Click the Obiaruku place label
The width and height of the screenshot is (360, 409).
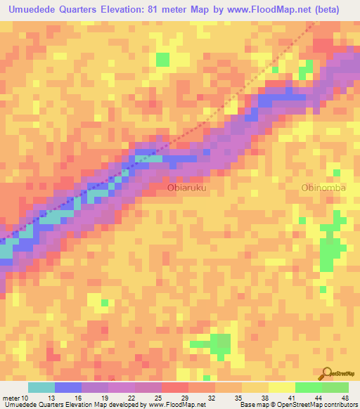[x=186, y=188]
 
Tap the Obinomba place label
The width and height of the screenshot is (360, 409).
[x=324, y=188]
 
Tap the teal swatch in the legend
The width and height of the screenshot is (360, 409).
[x=41, y=387]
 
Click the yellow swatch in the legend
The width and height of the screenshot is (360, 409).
[x=281, y=387]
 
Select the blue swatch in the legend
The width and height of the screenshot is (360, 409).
[x=68, y=387]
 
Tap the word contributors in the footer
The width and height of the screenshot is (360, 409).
[x=340, y=404]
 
